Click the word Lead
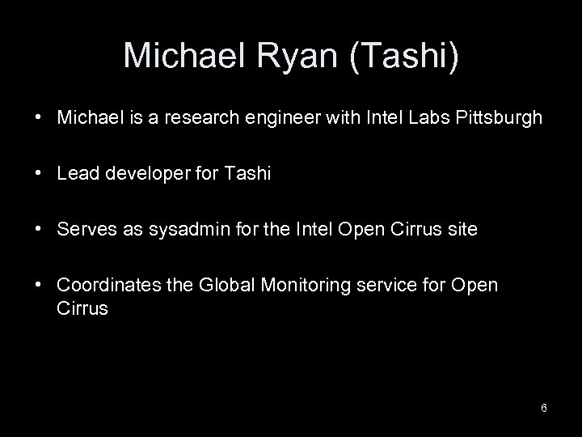tap(76, 173)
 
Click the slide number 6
tap(544, 408)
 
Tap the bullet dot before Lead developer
tap(39, 174)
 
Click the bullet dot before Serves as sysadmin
tap(39, 231)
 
